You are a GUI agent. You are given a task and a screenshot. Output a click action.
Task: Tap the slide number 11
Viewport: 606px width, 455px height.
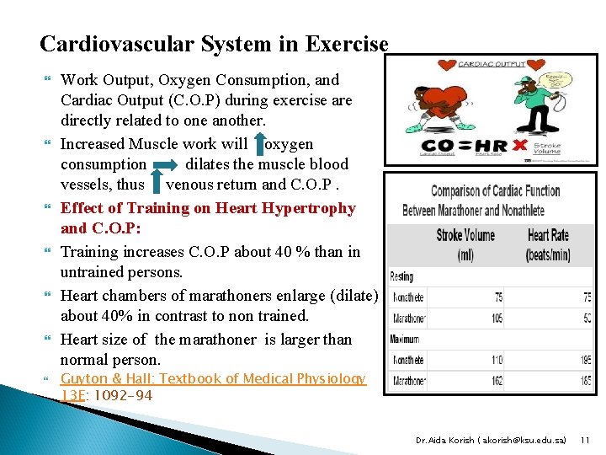point(586,439)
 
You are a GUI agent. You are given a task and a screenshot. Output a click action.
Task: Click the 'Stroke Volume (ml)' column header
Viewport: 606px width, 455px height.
point(465,244)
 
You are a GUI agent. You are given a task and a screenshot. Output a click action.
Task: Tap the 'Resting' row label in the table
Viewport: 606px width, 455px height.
point(401,276)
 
